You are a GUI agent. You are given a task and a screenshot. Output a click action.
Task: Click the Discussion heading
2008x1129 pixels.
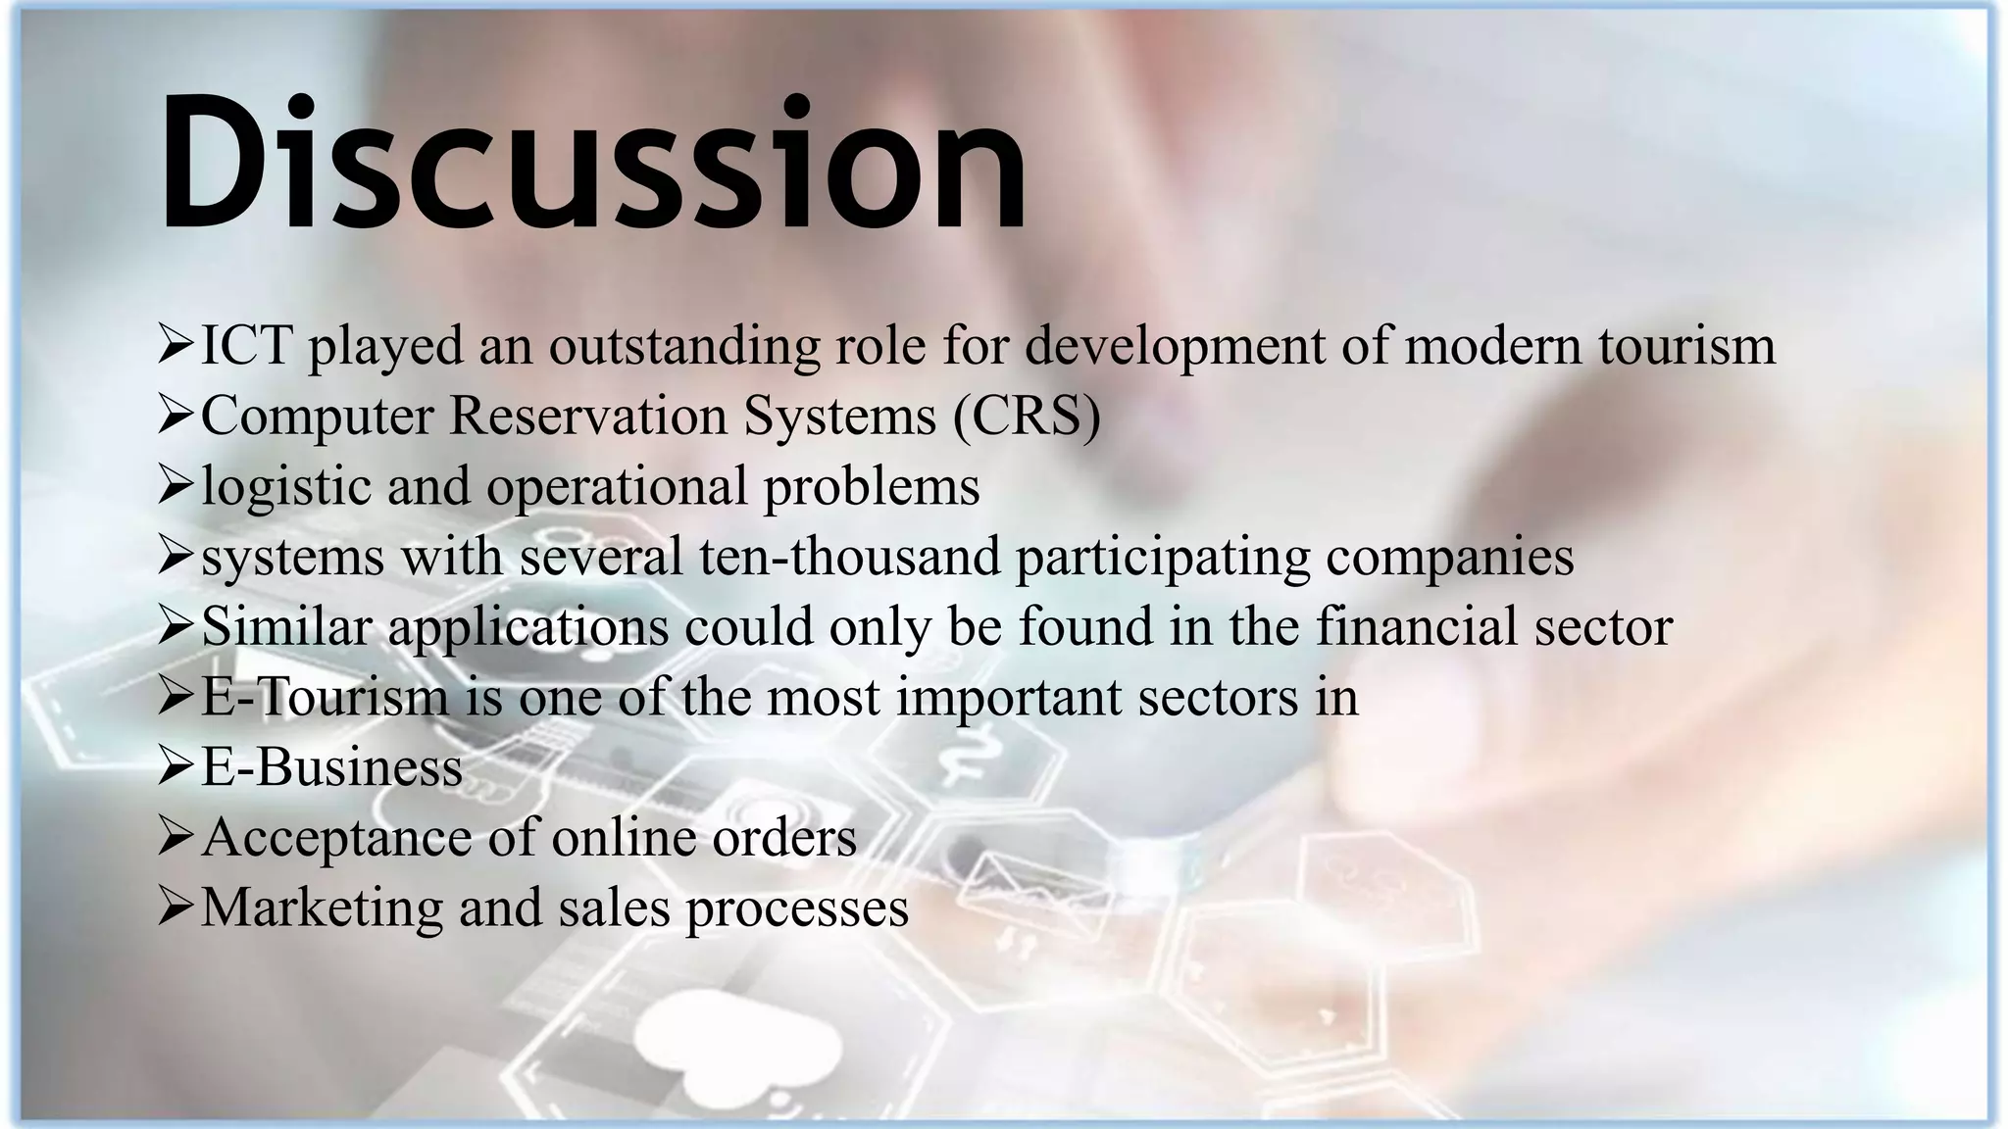click(x=592, y=164)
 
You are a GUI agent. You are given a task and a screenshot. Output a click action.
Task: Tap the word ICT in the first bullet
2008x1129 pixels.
click(x=246, y=346)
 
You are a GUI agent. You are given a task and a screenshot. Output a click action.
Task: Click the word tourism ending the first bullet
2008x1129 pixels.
click(x=1686, y=346)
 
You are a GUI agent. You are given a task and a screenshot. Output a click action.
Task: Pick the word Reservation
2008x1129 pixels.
click(x=588, y=417)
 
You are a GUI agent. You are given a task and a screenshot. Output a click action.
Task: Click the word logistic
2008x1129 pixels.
click(x=286, y=487)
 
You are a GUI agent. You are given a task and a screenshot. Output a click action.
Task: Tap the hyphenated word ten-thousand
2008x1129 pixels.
click(x=849, y=557)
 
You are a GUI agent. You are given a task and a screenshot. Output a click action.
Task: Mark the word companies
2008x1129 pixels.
click(x=1450, y=557)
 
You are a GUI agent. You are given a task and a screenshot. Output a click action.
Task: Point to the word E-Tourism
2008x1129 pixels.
click(x=325, y=698)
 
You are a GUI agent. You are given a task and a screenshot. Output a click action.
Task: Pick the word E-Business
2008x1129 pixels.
click(x=331, y=767)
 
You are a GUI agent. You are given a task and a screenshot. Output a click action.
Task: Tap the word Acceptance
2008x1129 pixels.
click(x=343, y=838)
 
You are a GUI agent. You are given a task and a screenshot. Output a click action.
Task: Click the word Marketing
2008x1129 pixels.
click(x=322, y=908)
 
